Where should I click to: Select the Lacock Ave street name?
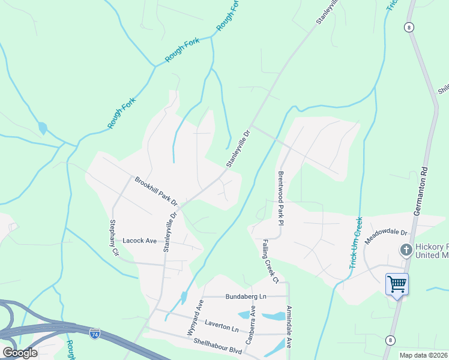(139, 241)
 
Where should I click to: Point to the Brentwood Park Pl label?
(280, 197)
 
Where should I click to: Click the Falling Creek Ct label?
(270, 261)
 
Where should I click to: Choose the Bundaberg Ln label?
(246, 296)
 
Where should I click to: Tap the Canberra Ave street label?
(253, 321)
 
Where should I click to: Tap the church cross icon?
(406, 250)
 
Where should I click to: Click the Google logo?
(20, 353)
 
